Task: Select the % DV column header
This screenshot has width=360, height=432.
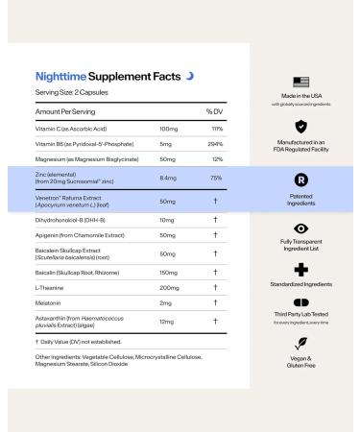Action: click(214, 112)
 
